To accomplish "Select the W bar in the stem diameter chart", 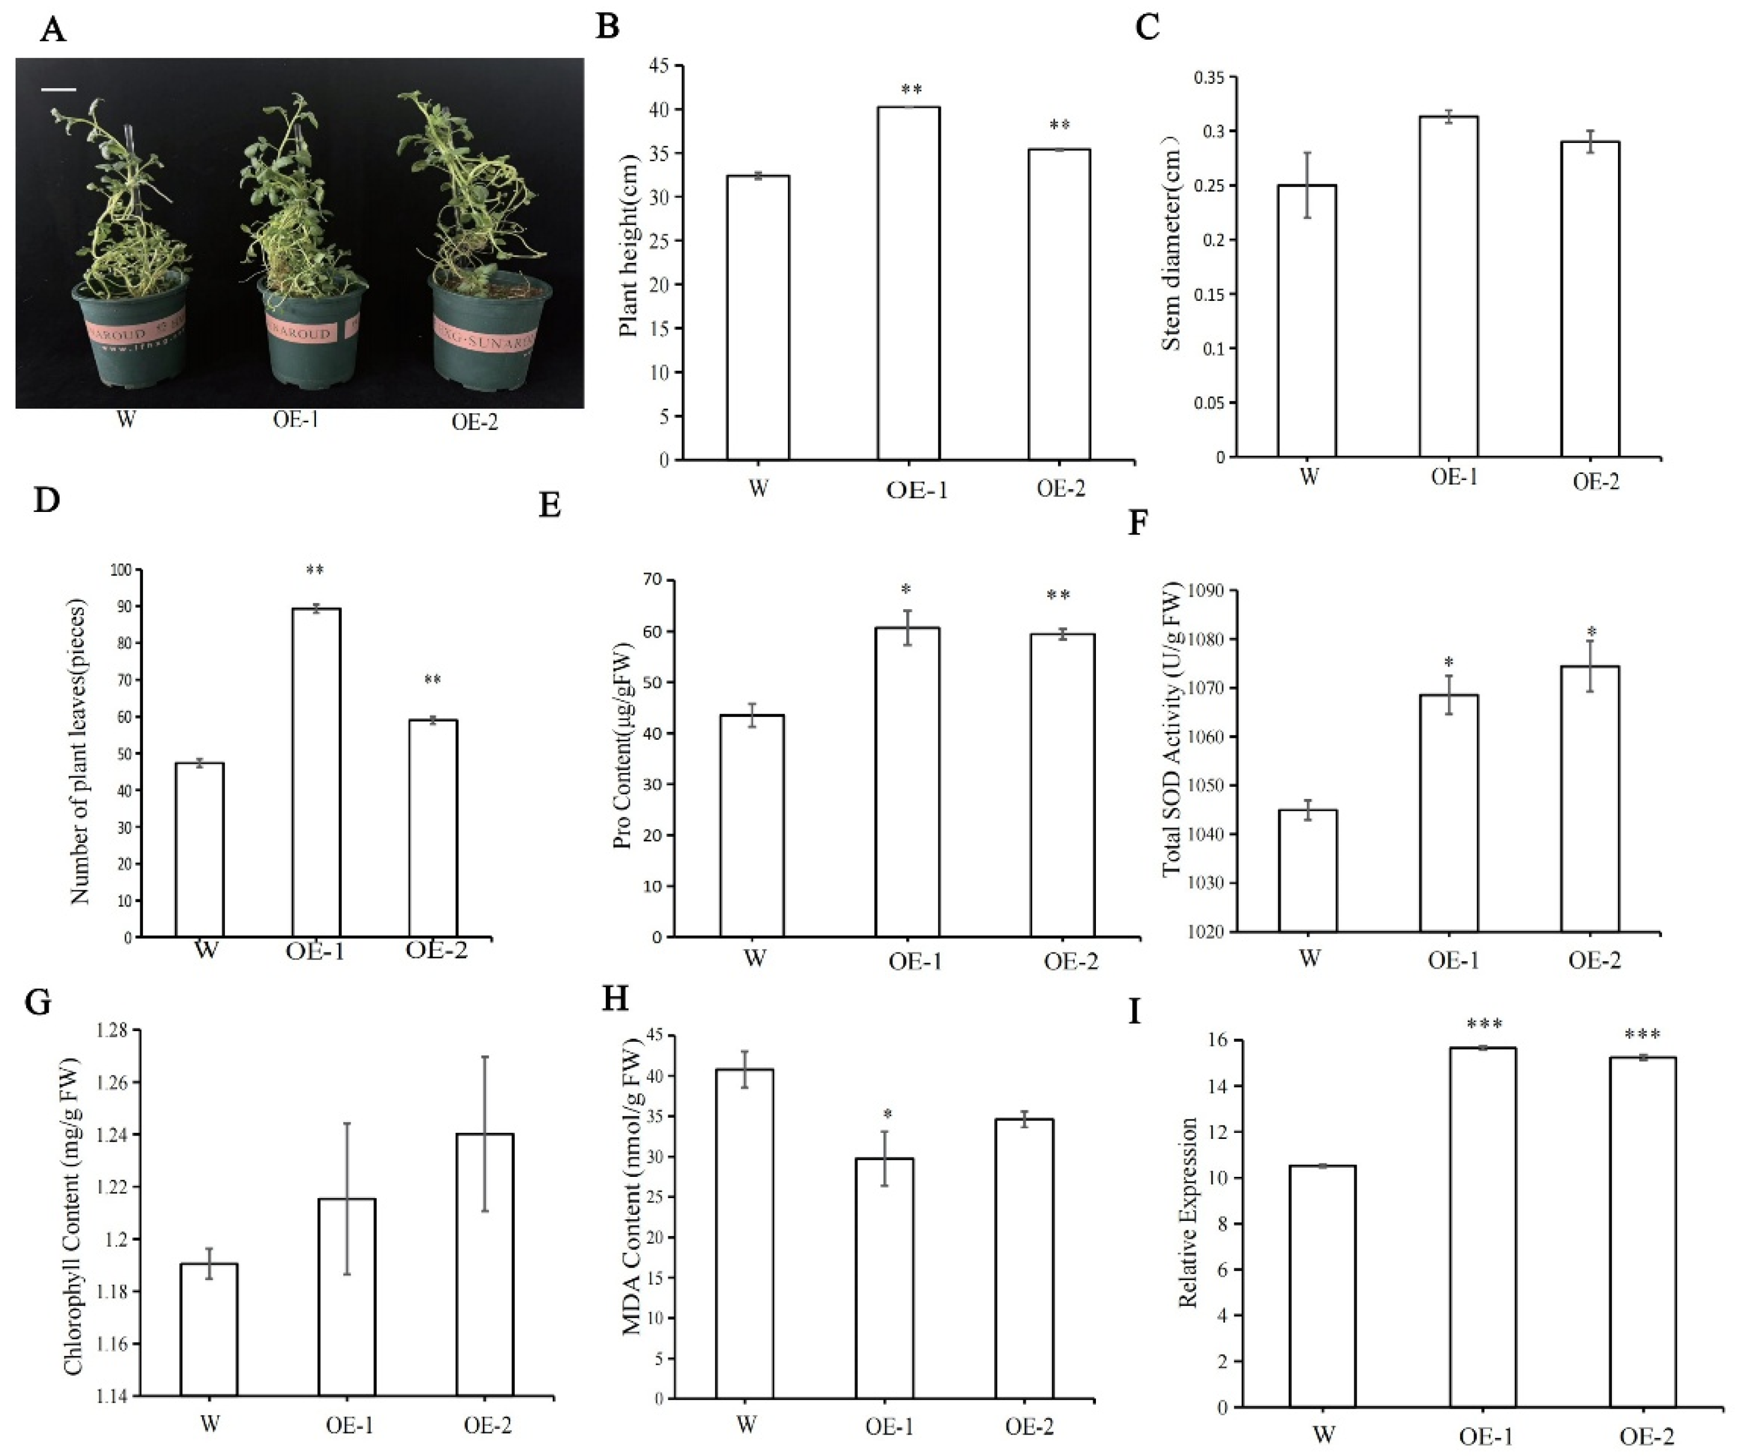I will tap(1307, 321).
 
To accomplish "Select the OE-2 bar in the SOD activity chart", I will tap(1590, 799).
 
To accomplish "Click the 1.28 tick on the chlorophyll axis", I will tap(112, 1031).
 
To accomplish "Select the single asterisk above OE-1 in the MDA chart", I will tap(887, 1115).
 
